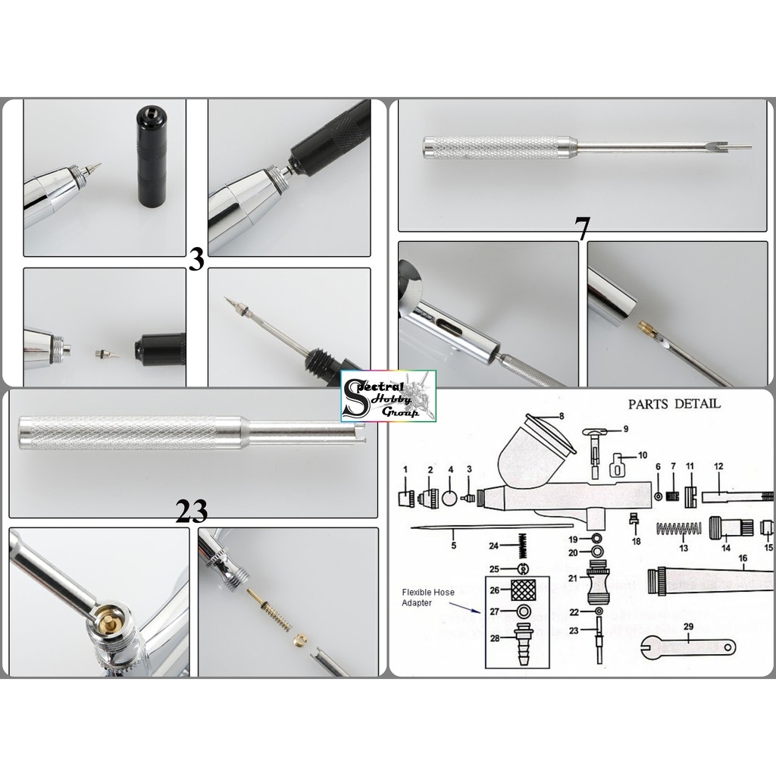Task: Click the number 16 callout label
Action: point(743,559)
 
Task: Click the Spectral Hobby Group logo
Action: point(388,393)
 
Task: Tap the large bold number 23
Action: point(191,512)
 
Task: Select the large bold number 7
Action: point(582,230)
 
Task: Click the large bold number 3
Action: point(196,260)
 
